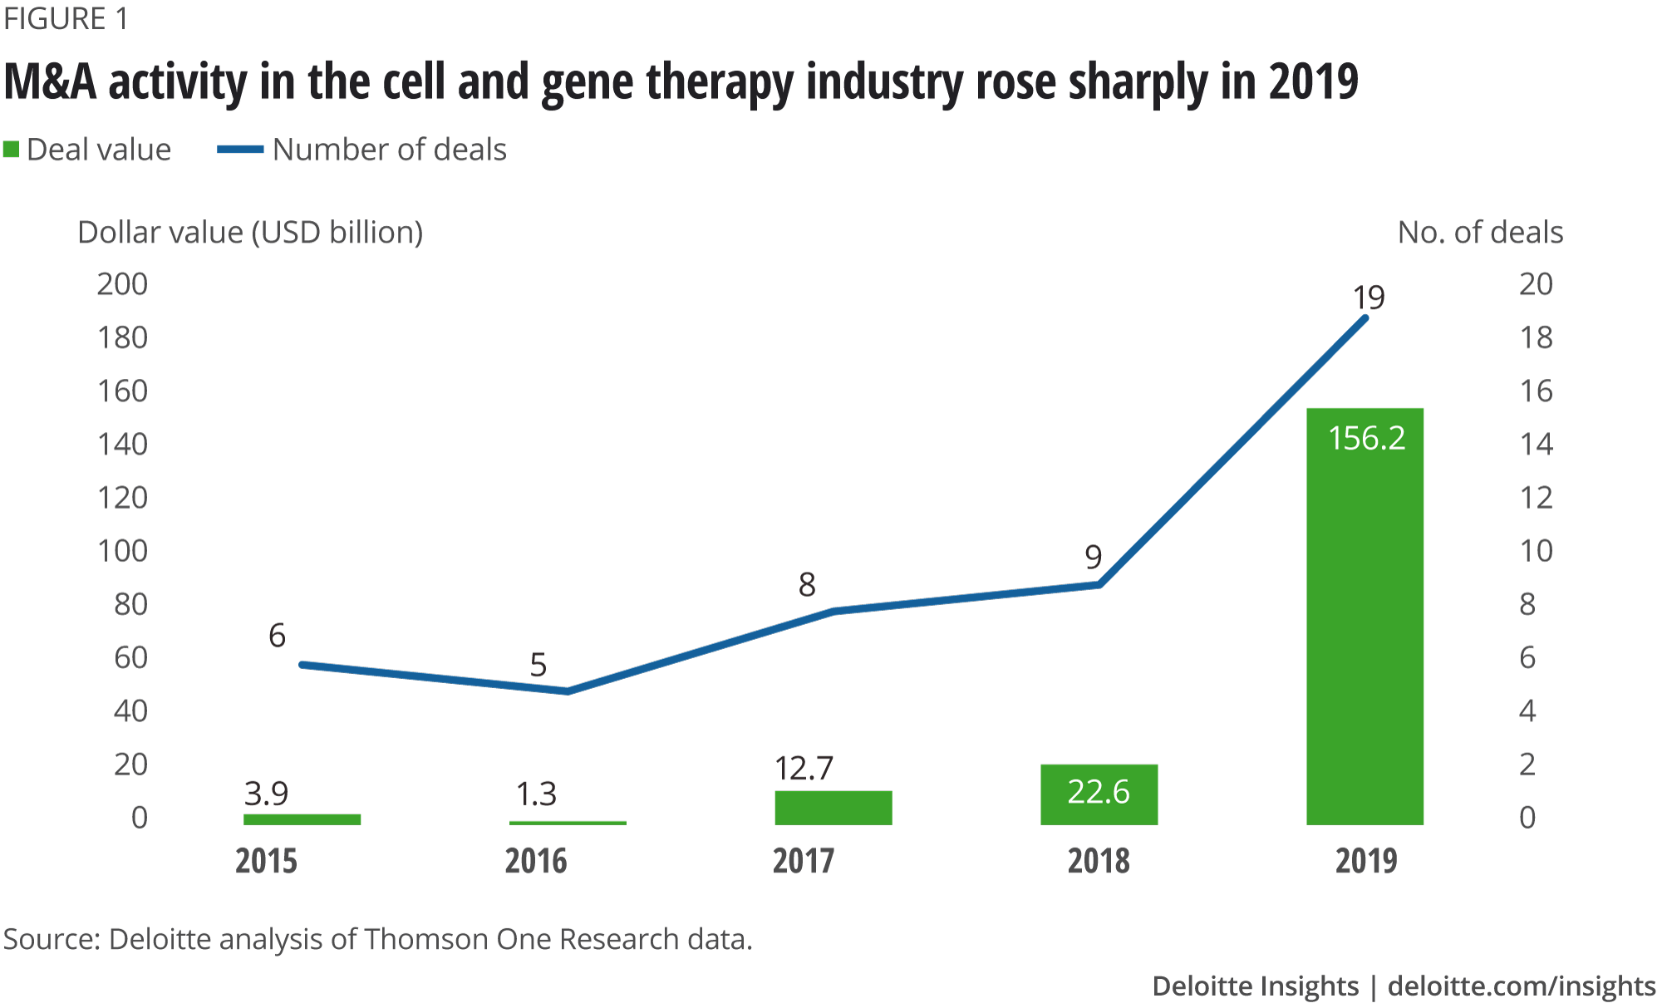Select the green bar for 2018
1099,794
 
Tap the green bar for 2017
833,808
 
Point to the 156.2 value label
1366,438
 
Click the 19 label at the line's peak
1369,297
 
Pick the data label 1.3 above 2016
536,794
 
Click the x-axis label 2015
266,861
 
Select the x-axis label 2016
536,861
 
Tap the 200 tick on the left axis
122,284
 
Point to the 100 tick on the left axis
122,551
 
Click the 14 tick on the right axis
1536,444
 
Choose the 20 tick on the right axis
1536,284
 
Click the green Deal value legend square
11,150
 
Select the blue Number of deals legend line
240,150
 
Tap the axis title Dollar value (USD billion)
250,233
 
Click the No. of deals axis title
1480,233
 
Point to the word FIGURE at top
55,18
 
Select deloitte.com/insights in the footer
1522,986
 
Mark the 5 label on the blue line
538,665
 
